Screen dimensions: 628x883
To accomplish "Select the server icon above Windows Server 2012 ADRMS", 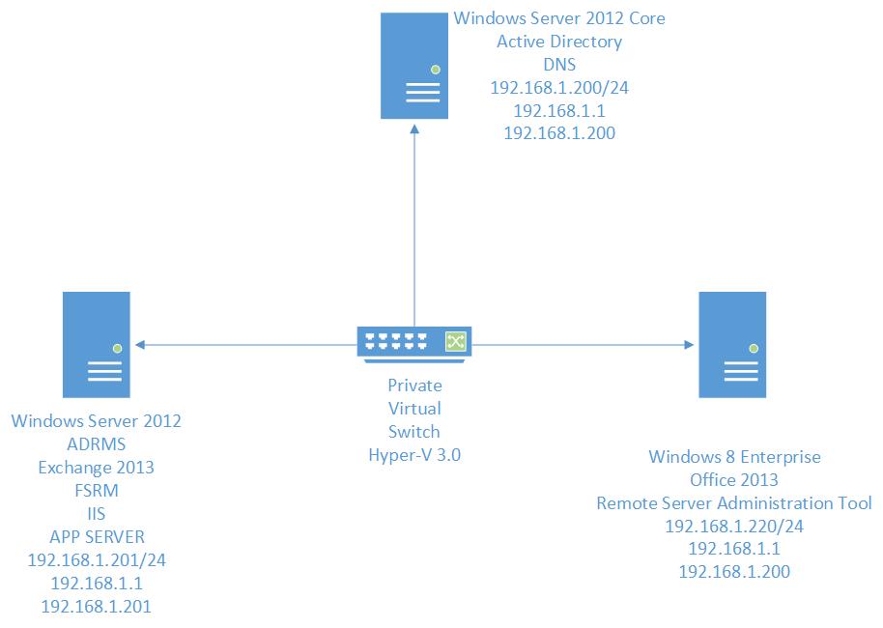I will (97, 345).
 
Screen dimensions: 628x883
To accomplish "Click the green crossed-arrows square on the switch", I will (455, 342).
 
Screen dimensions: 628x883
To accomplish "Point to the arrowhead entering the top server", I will (415, 131).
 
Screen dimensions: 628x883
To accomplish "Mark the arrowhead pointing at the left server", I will (141, 343).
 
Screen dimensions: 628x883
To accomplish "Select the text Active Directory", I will (558, 42).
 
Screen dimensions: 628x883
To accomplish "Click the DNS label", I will (558, 65).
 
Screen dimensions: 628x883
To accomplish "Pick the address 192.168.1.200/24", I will (558, 88).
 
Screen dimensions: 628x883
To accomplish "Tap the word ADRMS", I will (96, 444).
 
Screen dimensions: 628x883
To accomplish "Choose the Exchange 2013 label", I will (96, 468).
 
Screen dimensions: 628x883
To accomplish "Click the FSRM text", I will (96, 491).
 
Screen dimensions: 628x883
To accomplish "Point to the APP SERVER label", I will (96, 537).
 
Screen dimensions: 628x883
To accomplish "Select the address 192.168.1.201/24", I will (96, 560).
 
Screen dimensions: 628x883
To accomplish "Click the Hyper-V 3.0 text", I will (414, 455).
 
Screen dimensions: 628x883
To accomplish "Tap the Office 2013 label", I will (734, 479).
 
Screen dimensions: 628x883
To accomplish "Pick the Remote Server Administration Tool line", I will (734, 502).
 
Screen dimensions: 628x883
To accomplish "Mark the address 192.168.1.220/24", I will (734, 526).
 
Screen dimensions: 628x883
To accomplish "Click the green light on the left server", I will (116, 346).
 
